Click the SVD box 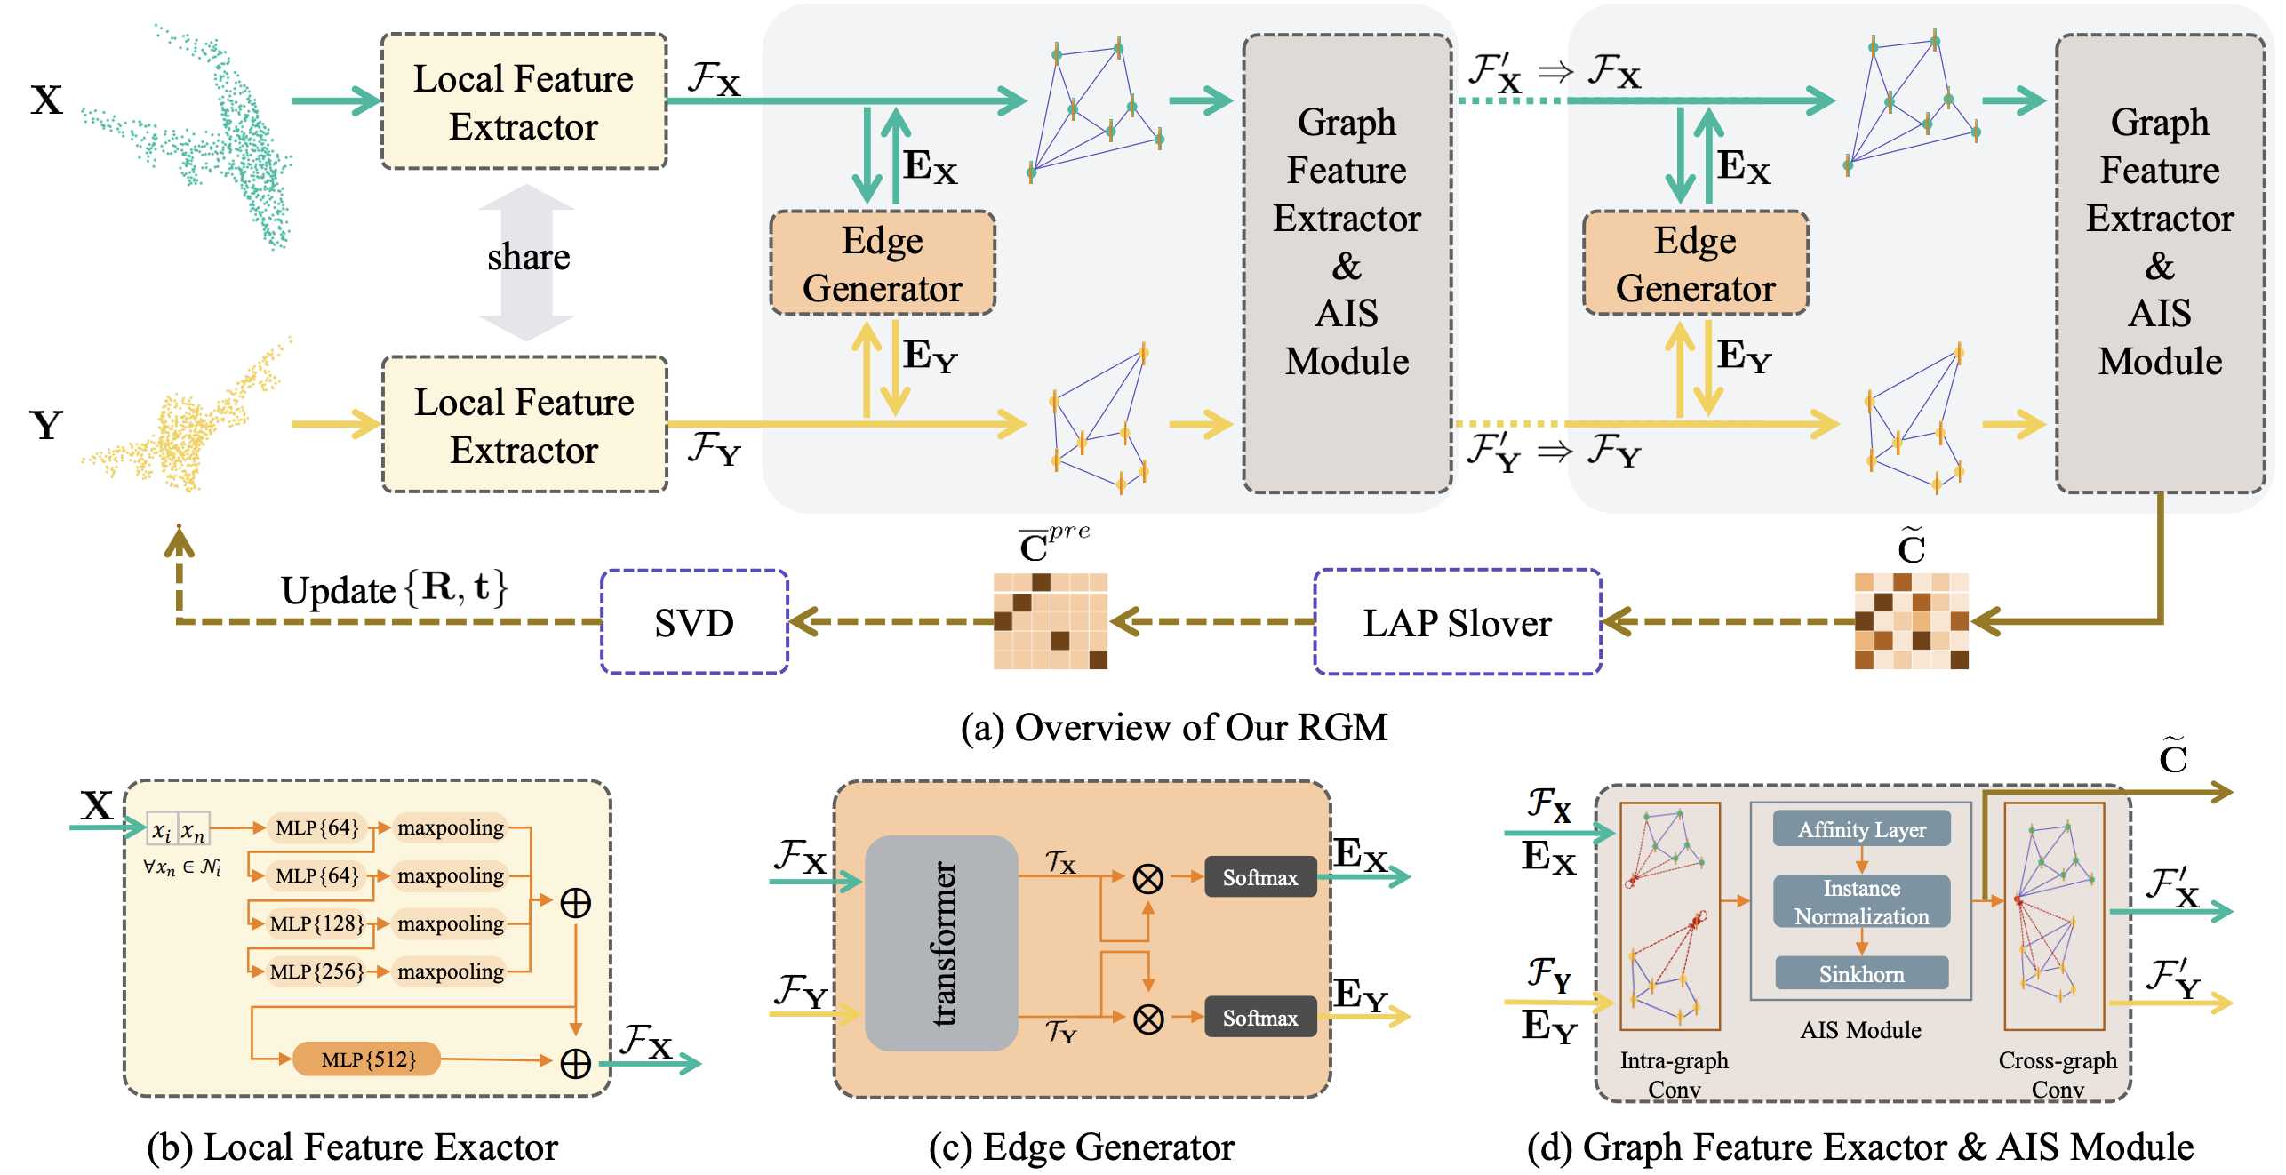tap(694, 622)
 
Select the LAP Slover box tap(1457, 622)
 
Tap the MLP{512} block tap(367, 1059)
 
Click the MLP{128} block tap(316, 923)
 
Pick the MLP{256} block tap(316, 971)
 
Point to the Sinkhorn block tap(1861, 974)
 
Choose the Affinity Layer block tap(1861, 829)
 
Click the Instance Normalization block tap(1861, 901)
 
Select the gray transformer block tap(941, 943)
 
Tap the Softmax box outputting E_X tap(1259, 877)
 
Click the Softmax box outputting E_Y tap(1259, 1018)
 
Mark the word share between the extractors tap(528, 258)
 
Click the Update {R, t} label tap(394, 588)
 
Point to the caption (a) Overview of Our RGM tap(1173, 727)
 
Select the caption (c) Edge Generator tap(1081, 1147)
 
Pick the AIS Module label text tap(1860, 1030)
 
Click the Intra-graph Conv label tap(1674, 1074)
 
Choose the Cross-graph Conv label tap(2057, 1074)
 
